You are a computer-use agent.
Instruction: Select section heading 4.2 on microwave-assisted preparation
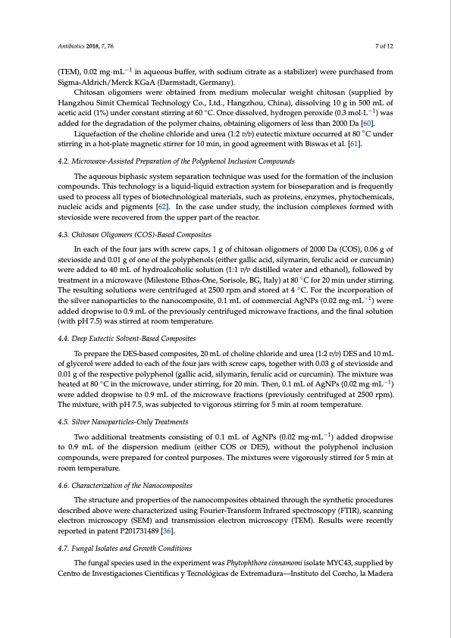click(x=177, y=161)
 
